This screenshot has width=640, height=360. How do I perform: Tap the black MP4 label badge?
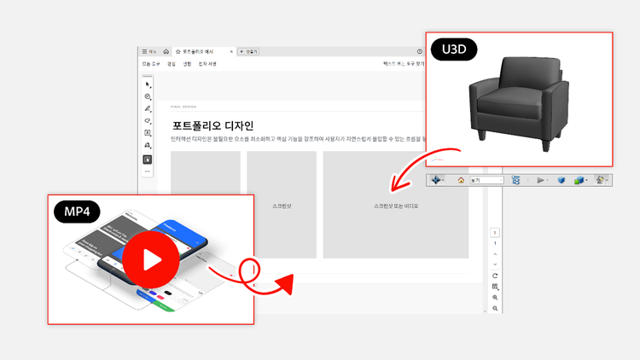tap(77, 210)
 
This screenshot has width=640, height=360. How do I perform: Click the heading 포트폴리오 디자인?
tap(212, 125)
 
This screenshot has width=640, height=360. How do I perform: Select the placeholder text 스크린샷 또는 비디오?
tap(396, 206)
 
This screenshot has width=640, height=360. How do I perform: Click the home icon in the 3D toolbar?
tap(461, 180)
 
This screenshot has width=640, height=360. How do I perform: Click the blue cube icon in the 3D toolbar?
tap(561, 180)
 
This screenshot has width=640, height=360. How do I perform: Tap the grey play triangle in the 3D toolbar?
tap(541, 180)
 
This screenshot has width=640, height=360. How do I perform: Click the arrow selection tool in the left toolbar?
tap(148, 84)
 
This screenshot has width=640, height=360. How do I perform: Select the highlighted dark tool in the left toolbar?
tap(148, 159)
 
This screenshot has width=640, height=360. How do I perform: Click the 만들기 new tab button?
tap(248, 52)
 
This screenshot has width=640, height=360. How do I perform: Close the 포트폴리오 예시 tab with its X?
tap(231, 52)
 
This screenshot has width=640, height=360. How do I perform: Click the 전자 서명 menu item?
tap(207, 64)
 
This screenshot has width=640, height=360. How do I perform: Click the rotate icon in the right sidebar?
tap(495, 276)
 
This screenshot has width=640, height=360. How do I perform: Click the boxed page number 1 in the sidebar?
tap(495, 232)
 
